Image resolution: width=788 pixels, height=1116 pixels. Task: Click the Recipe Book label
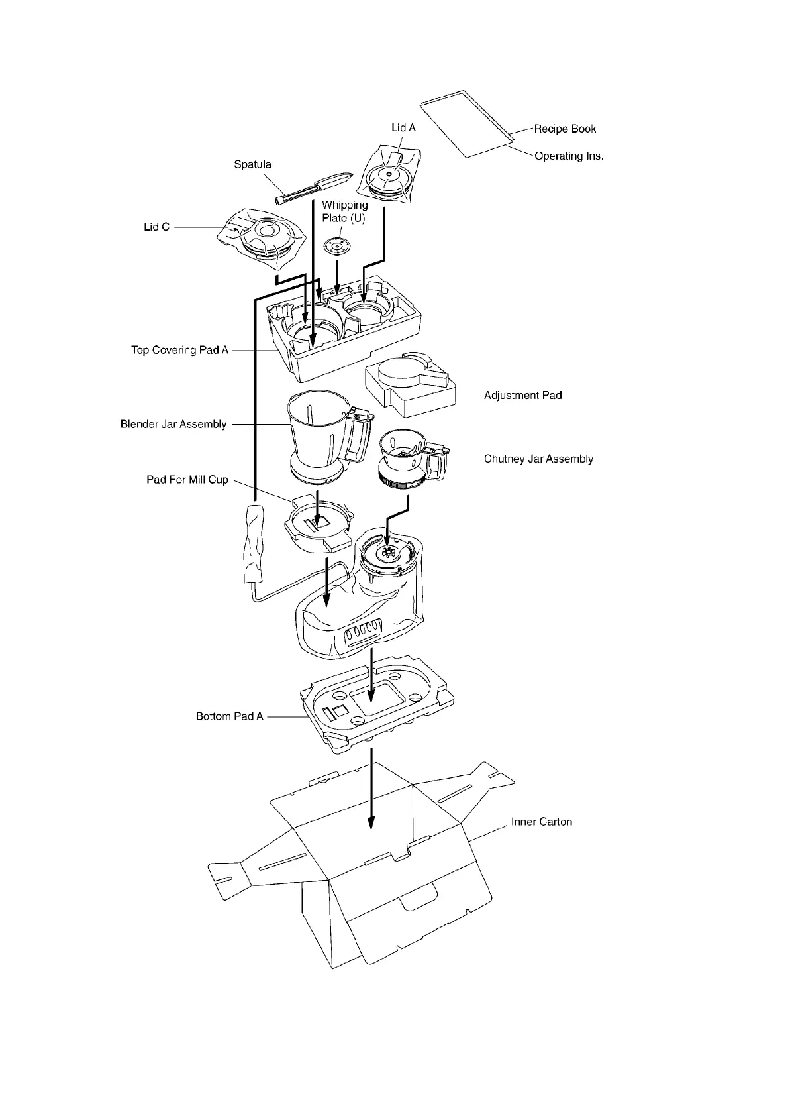(565, 129)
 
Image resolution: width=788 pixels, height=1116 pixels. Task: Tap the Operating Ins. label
(569, 156)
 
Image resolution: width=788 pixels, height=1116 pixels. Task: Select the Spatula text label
(252, 164)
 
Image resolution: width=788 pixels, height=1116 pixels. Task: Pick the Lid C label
(157, 227)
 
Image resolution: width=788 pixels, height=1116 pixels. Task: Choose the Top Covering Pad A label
(179, 350)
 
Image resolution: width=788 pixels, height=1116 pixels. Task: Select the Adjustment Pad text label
(522, 395)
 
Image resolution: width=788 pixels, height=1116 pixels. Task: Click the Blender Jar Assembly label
(173, 424)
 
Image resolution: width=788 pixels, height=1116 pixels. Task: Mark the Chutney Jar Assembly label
(538, 459)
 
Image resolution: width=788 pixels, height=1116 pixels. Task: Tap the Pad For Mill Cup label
(187, 479)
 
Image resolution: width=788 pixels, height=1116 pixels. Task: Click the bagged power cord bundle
(253, 543)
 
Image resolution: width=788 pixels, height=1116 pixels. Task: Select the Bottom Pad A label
(229, 716)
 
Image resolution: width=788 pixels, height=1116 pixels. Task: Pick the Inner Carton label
(541, 822)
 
